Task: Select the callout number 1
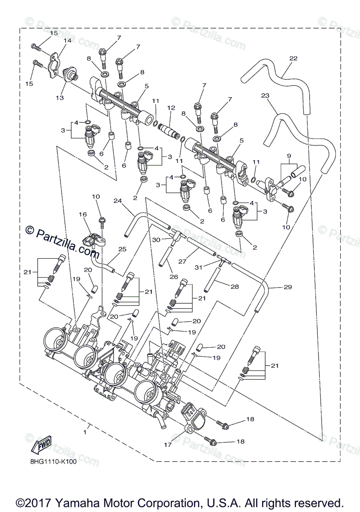(85, 432)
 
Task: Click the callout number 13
(59, 97)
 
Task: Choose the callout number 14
(67, 41)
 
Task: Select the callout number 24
(118, 200)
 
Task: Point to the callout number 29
(287, 287)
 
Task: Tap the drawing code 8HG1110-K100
(53, 462)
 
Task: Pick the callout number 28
(235, 287)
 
